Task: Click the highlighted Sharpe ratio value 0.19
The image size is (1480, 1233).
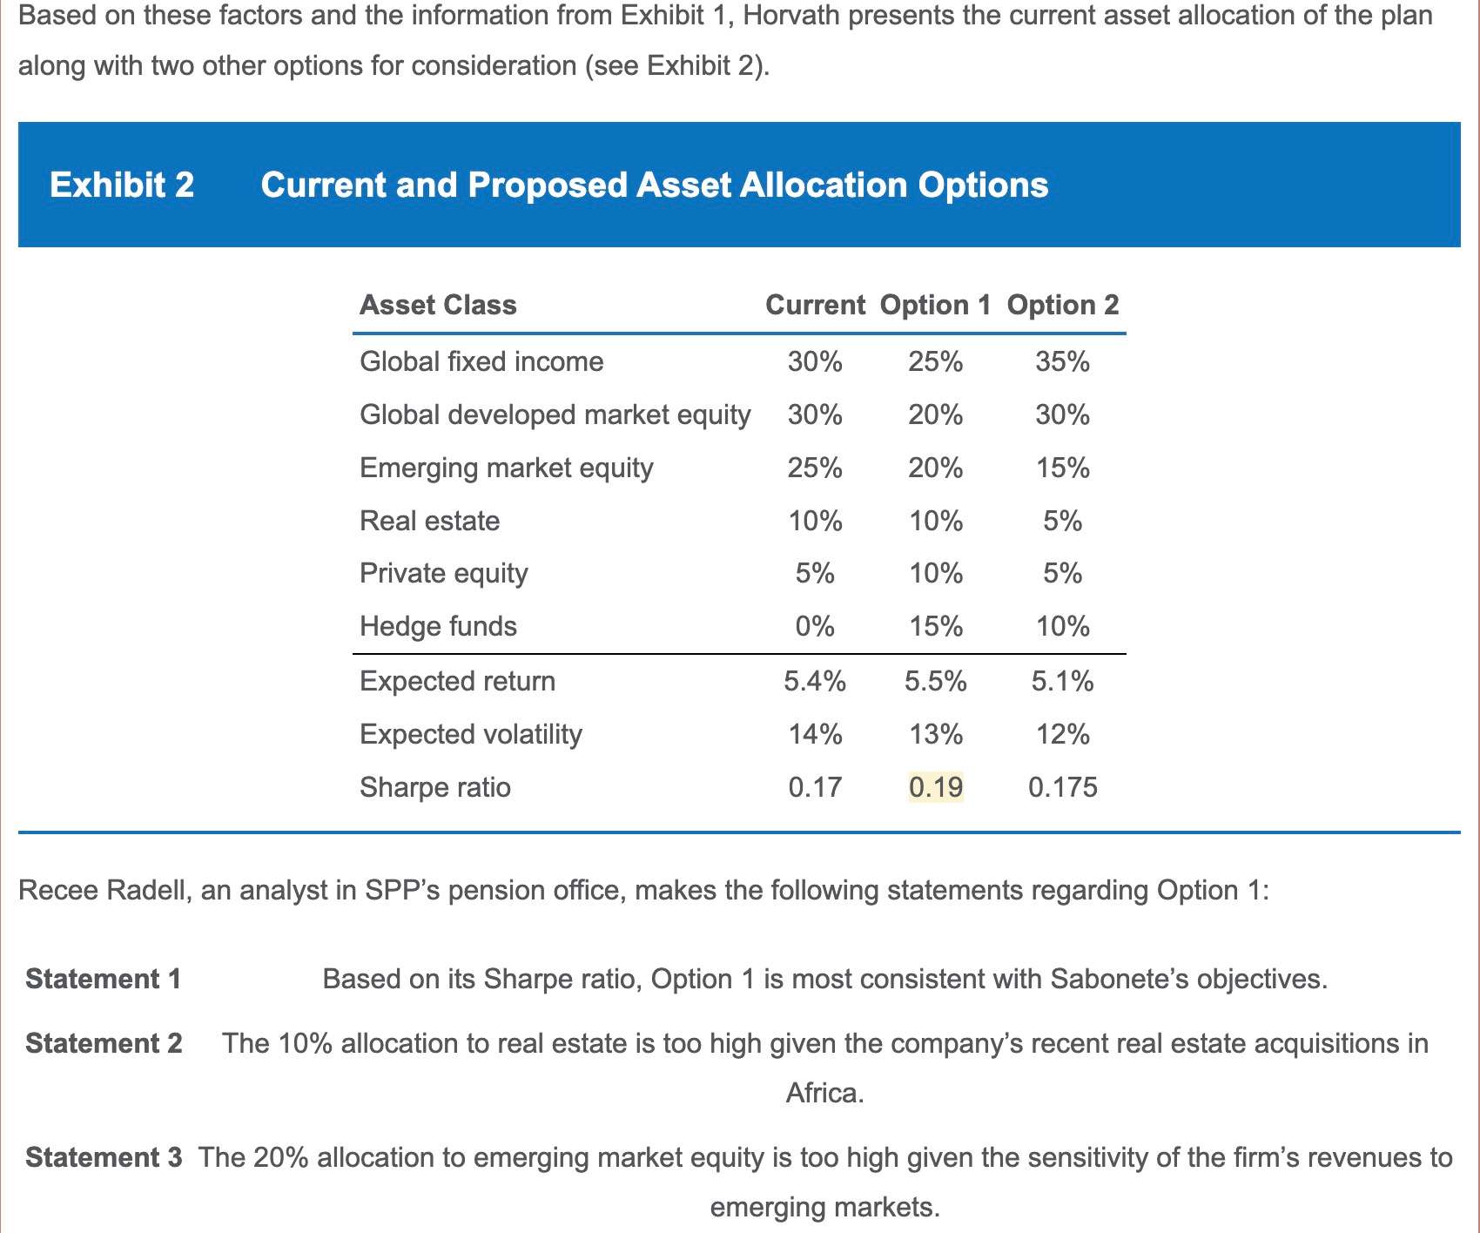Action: (x=936, y=787)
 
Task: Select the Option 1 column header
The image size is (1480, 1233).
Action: (x=935, y=305)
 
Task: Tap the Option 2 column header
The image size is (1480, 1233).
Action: (x=1062, y=305)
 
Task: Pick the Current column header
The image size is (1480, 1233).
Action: (x=815, y=305)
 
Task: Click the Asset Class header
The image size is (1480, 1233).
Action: (x=438, y=305)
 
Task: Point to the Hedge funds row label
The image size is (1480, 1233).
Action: (x=438, y=626)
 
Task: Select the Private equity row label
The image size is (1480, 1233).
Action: (x=443, y=573)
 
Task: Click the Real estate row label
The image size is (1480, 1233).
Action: (x=429, y=521)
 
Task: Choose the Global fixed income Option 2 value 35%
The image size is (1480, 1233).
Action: (x=1062, y=361)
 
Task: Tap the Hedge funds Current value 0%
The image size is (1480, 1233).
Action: (x=815, y=626)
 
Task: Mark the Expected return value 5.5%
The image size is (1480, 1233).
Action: (x=936, y=681)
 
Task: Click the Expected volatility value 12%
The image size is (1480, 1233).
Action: (x=1062, y=734)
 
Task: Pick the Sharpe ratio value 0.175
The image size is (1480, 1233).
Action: (x=1062, y=787)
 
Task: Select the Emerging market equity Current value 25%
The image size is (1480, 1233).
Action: (x=815, y=468)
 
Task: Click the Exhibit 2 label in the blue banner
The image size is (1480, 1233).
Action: (x=122, y=185)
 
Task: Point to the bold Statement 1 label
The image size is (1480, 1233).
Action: (x=104, y=979)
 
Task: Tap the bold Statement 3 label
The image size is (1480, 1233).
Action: (x=104, y=1157)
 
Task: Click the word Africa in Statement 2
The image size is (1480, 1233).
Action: (x=824, y=1092)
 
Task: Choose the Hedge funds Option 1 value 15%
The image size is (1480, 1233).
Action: (x=936, y=626)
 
